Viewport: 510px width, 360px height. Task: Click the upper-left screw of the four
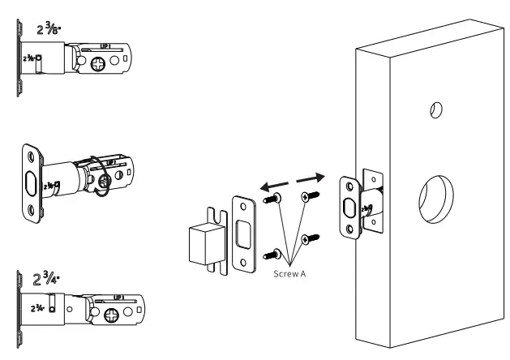276,199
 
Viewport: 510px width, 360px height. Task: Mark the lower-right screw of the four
309,238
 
